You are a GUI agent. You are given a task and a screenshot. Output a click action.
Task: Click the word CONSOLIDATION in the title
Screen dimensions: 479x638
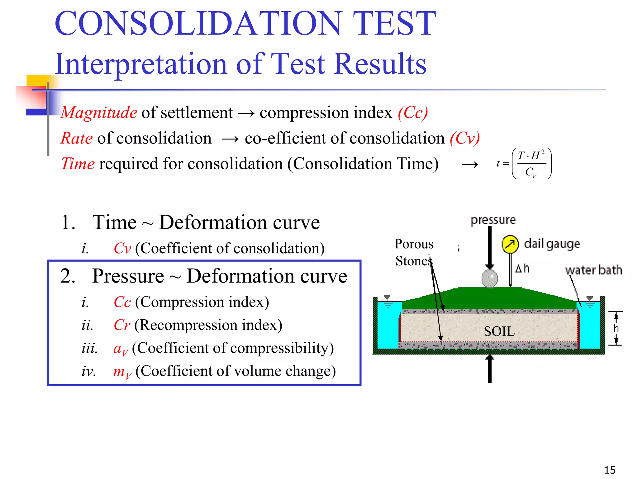(x=198, y=23)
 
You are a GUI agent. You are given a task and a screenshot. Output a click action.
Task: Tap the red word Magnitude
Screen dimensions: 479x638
(x=99, y=113)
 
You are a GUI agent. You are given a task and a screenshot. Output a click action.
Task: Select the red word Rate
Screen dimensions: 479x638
(x=77, y=138)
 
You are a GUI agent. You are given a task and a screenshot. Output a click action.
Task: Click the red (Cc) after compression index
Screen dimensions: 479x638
(x=413, y=113)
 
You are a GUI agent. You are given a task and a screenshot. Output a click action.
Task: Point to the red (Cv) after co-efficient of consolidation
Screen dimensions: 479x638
(x=464, y=138)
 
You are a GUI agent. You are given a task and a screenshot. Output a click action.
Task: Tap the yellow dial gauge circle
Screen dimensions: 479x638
(x=510, y=244)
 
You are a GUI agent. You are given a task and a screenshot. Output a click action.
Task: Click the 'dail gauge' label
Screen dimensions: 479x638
(x=552, y=244)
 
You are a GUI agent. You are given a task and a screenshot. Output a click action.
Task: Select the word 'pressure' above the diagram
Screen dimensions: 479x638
(x=493, y=220)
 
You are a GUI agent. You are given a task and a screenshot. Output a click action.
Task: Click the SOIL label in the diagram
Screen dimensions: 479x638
(x=499, y=331)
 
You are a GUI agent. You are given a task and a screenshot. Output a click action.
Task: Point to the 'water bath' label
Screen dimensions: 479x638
(x=594, y=270)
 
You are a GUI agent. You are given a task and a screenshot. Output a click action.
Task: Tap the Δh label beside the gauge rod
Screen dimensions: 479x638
(x=522, y=268)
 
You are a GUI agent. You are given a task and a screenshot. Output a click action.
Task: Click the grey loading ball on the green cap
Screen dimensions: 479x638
(x=490, y=278)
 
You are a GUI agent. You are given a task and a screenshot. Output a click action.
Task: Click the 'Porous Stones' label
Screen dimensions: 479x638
(x=414, y=252)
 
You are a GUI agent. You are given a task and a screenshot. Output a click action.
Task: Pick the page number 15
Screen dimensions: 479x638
(x=610, y=470)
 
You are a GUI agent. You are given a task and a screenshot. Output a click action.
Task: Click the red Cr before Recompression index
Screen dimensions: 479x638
(x=122, y=325)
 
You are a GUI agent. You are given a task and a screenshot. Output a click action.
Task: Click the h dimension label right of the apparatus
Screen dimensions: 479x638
(x=616, y=328)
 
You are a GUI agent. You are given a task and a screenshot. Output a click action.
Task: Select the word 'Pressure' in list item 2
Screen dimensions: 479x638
(x=128, y=276)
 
